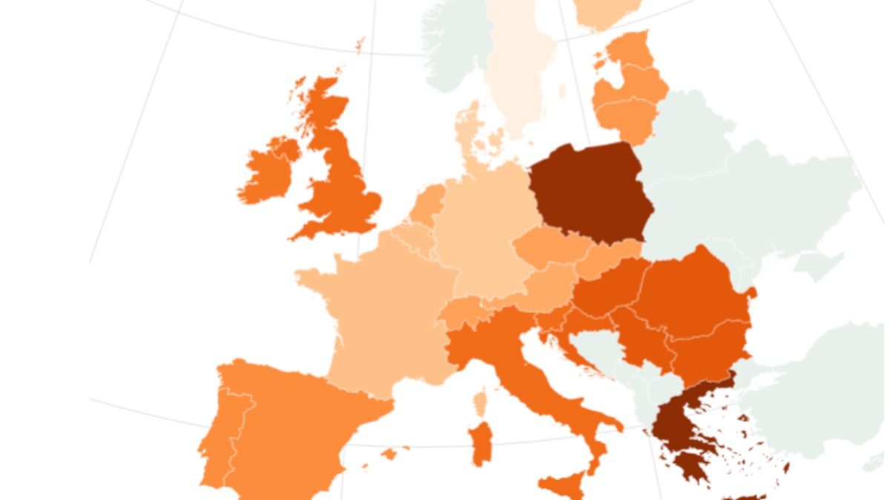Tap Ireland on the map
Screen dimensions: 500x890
pos(267,174)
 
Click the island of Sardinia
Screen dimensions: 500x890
pos(481,444)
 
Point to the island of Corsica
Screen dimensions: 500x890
pos(480,404)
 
